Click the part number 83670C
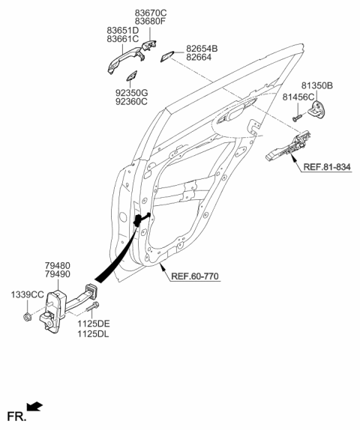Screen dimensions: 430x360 click(x=150, y=13)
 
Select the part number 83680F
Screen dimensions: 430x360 click(x=150, y=22)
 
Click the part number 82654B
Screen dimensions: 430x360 click(x=202, y=48)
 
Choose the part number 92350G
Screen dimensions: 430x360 click(x=131, y=92)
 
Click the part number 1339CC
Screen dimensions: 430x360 click(x=27, y=296)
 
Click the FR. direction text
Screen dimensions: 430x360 click(x=15, y=414)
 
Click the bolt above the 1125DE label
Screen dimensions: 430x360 click(x=91, y=308)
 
